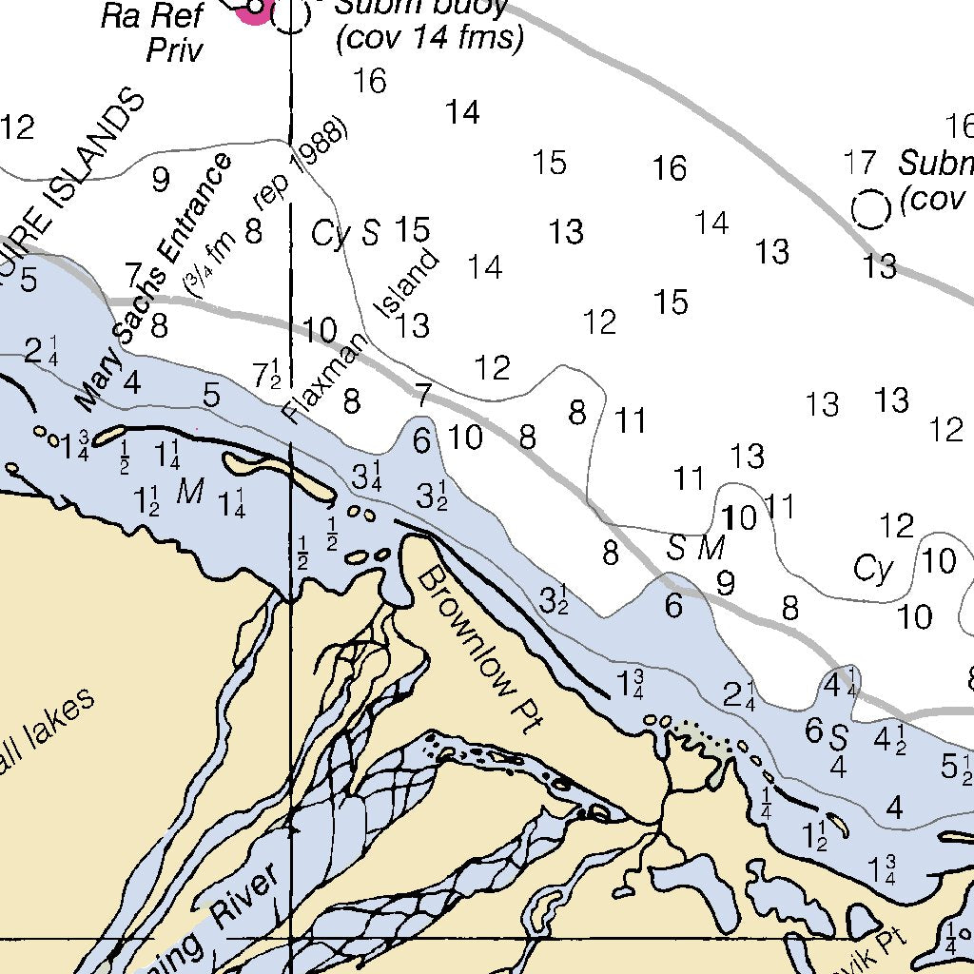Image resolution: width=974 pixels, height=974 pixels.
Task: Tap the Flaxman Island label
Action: pyautogui.click(x=362, y=336)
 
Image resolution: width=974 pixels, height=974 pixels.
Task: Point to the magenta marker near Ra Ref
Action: pyautogui.click(x=254, y=10)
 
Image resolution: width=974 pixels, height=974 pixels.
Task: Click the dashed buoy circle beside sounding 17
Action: pyautogui.click(x=869, y=209)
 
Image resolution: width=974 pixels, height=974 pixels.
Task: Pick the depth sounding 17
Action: pyautogui.click(x=859, y=163)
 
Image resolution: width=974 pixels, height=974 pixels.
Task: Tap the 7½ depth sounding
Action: pyautogui.click(x=266, y=373)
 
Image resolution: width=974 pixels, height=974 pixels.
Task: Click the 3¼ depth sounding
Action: pyautogui.click(x=366, y=476)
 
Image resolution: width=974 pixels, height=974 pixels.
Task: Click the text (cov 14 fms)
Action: pyautogui.click(x=430, y=39)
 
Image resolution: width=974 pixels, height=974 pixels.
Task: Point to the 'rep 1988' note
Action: pyautogui.click(x=302, y=166)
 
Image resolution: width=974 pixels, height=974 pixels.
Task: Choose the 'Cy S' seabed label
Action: pyautogui.click(x=346, y=233)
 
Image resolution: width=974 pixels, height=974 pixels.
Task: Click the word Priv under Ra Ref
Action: pyautogui.click(x=174, y=49)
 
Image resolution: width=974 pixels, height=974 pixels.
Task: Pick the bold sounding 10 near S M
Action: pyautogui.click(x=739, y=518)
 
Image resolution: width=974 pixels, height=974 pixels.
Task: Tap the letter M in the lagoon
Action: pyautogui.click(x=190, y=491)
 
